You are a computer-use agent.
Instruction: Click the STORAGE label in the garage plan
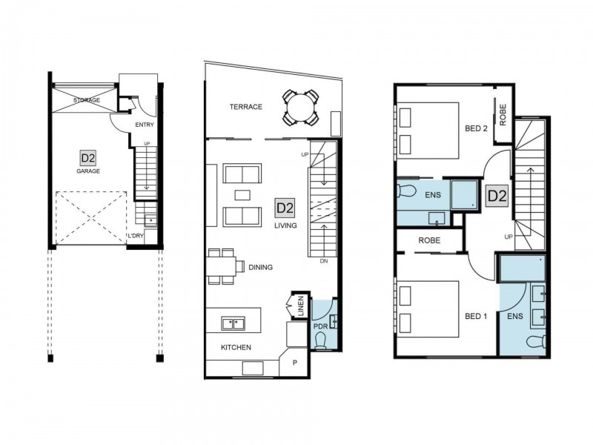point(87,100)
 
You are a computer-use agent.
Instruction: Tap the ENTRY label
point(145,125)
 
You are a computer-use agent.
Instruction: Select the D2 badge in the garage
point(87,158)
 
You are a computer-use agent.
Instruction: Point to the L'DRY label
point(136,236)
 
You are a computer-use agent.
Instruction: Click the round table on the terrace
point(300,107)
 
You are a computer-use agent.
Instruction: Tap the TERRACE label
point(246,107)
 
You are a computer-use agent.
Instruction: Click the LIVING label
point(285,225)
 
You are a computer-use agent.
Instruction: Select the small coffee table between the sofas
point(242,195)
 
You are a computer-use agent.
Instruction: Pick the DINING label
point(261,267)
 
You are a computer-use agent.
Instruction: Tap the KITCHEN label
point(236,347)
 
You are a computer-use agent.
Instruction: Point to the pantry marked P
point(294,363)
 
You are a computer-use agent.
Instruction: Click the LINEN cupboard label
point(301,306)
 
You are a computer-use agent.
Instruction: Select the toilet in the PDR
point(321,340)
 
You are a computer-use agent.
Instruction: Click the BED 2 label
point(476,128)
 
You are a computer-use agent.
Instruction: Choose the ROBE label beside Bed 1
point(429,240)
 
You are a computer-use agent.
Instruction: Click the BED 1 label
point(476,316)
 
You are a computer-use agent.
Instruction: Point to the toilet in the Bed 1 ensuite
point(536,342)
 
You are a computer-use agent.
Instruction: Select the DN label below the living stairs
point(324,261)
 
